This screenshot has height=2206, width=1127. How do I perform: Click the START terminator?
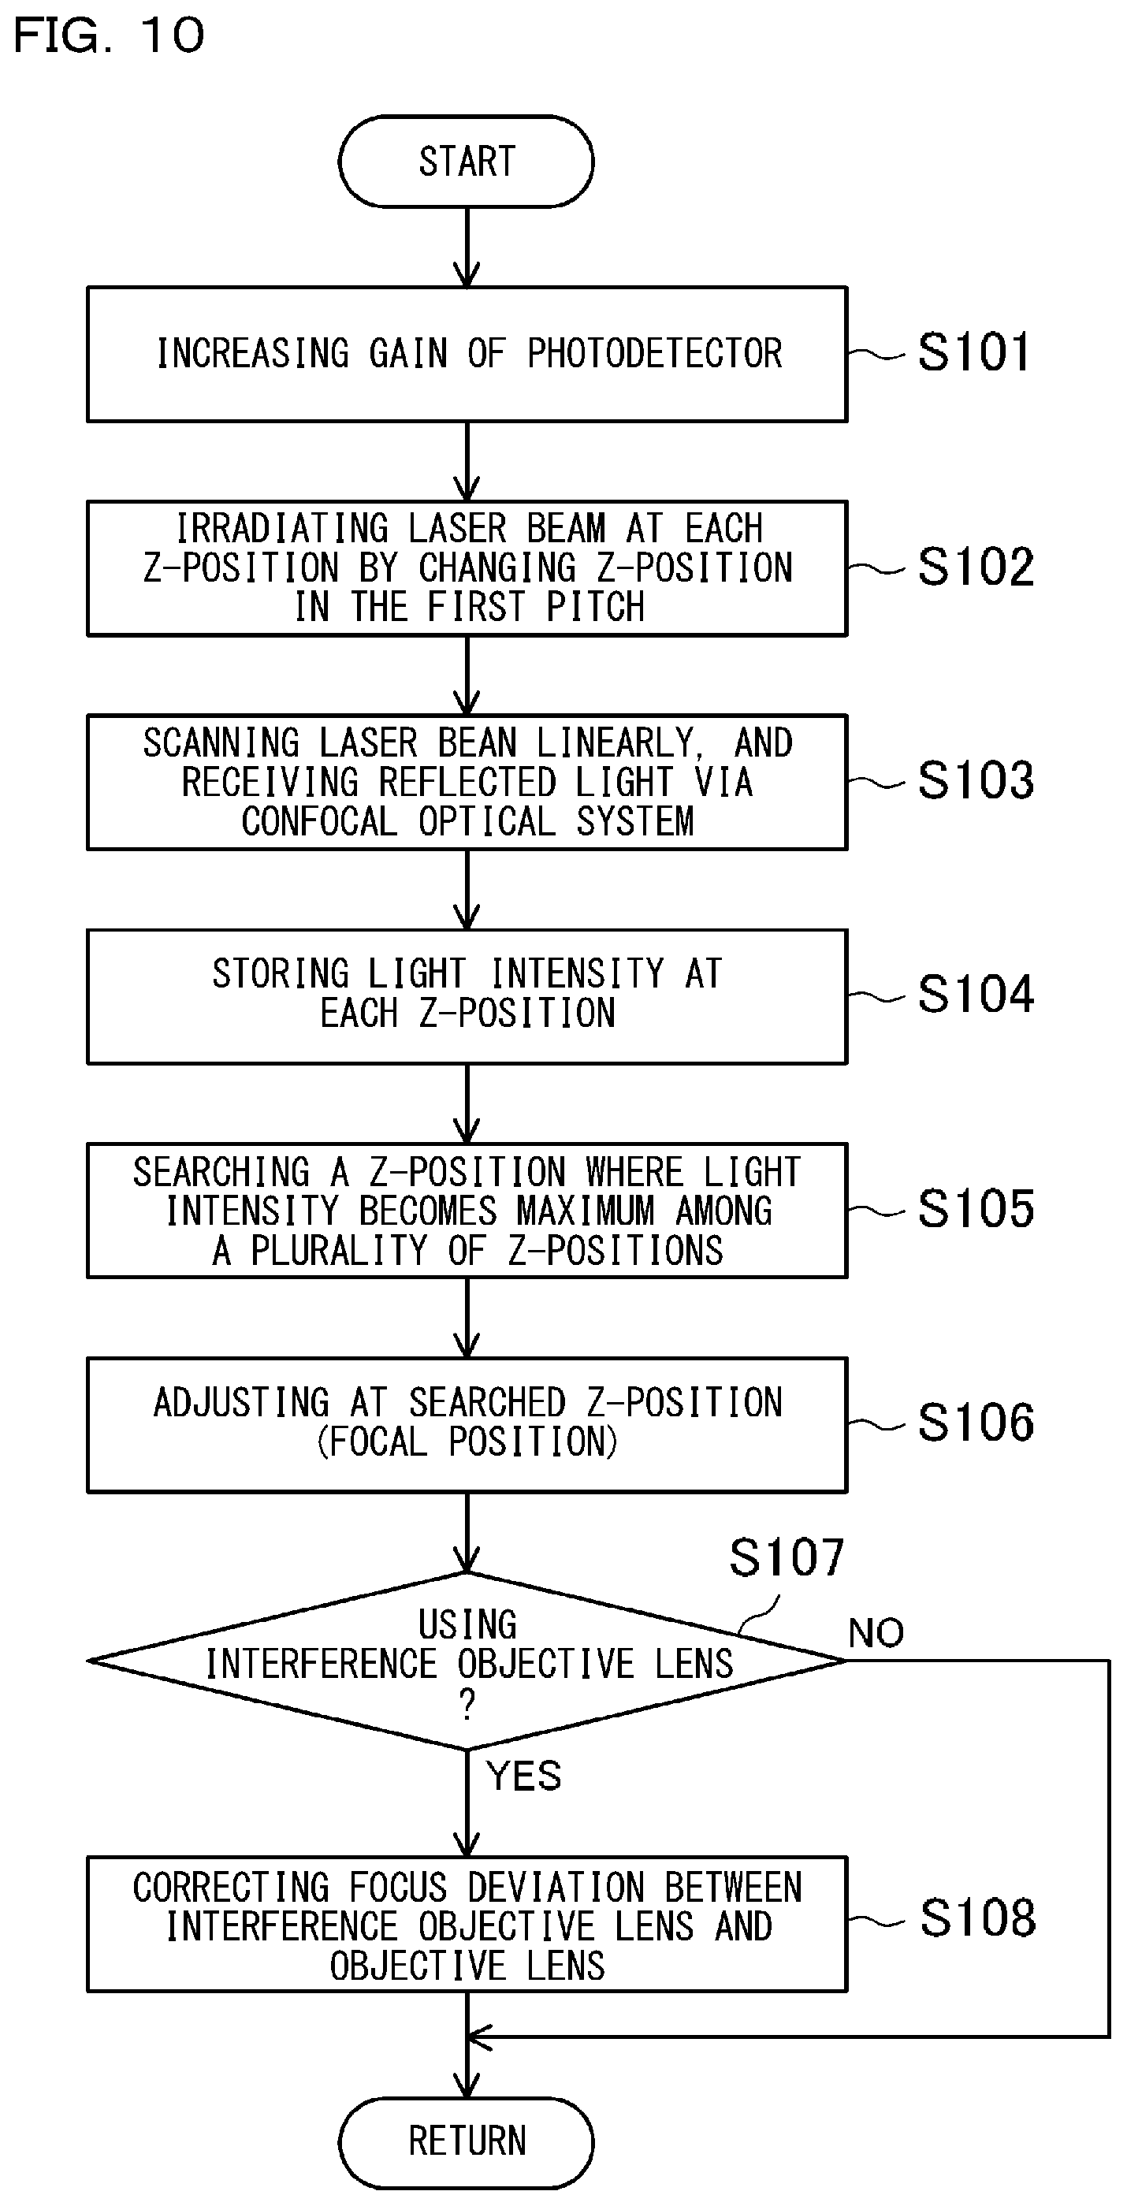(466, 161)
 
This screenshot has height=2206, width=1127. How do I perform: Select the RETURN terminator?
(466, 2141)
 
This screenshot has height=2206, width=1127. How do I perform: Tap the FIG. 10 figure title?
(109, 35)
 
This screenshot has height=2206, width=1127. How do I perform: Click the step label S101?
(973, 352)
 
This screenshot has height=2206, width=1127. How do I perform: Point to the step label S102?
(976, 566)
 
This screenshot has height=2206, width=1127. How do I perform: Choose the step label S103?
(976, 780)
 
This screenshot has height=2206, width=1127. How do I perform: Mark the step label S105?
(976, 1208)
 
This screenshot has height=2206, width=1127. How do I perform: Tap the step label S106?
(976, 1423)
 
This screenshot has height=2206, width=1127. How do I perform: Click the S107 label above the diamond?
(787, 1556)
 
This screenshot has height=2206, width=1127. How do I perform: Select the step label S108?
(977, 1918)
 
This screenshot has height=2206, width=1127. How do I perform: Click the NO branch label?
(876, 1633)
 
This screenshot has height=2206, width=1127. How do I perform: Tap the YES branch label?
(523, 1776)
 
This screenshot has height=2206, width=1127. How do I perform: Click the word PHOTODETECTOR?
(654, 353)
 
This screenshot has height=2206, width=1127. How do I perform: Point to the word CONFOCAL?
(319, 821)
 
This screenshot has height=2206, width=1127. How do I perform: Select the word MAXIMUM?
(586, 1211)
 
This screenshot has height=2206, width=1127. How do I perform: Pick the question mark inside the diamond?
(467, 1705)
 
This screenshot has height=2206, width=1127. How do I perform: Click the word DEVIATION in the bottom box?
(556, 1888)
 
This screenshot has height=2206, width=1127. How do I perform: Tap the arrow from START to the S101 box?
(467, 247)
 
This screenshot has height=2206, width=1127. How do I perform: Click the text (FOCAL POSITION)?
(467, 1442)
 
